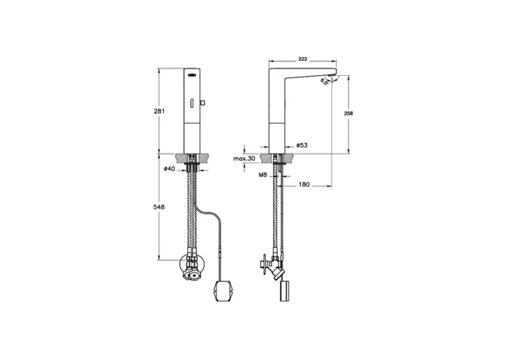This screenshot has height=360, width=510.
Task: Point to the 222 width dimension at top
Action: [304, 58]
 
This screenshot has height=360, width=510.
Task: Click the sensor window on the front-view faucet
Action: [193, 73]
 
